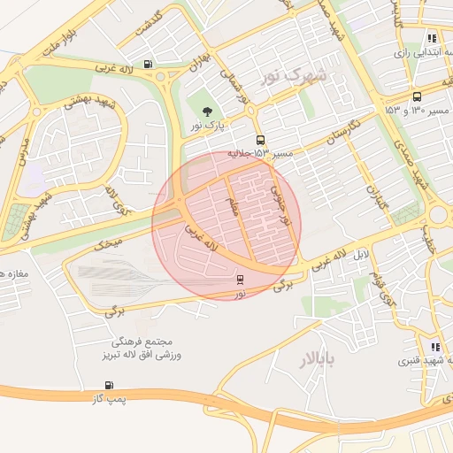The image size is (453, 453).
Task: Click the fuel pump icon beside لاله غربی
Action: click(147, 63)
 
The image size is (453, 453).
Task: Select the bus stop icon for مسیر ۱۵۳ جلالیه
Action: click(260, 140)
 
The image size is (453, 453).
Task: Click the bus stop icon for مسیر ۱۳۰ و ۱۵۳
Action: click(416, 96)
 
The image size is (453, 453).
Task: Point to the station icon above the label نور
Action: click(240, 279)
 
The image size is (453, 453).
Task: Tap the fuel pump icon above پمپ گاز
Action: click(109, 385)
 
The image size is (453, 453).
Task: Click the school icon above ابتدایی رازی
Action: click(432, 38)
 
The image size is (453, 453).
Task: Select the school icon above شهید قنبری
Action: click(434, 347)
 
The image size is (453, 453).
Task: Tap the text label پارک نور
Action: click(210, 127)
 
